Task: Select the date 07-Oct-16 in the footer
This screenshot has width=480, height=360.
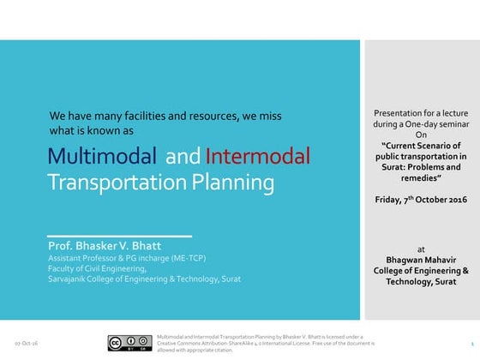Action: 25,343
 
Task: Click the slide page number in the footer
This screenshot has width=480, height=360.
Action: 472,343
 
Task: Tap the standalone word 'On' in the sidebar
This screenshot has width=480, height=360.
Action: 420,135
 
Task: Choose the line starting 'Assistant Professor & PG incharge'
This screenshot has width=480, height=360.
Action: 127,258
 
